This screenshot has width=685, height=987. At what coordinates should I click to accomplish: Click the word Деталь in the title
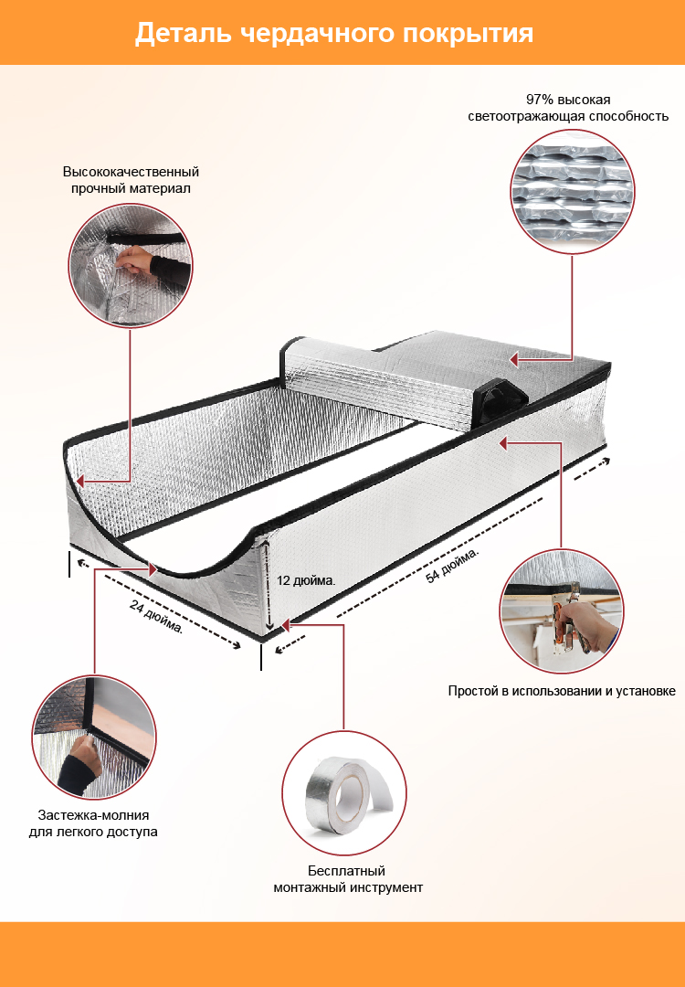[183, 33]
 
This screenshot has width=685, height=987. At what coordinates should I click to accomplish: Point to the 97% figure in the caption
[539, 100]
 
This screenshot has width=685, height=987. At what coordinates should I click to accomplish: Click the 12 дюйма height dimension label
[306, 580]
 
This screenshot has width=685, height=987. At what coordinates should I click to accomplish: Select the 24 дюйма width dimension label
[156, 616]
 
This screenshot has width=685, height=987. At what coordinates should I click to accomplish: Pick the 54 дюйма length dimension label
[452, 565]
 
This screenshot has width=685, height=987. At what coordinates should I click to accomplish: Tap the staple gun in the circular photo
[569, 620]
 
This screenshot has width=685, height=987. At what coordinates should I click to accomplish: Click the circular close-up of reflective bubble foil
[573, 191]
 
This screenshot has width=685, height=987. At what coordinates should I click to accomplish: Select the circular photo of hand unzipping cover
[94, 738]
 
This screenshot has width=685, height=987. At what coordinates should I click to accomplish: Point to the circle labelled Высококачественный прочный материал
[131, 266]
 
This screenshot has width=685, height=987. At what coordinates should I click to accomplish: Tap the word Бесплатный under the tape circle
[346, 871]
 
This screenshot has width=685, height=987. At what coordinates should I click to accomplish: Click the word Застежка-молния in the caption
[94, 815]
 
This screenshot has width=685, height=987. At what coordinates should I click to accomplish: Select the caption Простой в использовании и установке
[562, 691]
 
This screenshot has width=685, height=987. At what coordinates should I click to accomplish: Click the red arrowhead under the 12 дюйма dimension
[285, 625]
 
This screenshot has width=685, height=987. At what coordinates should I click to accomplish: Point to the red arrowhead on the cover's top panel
[514, 359]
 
